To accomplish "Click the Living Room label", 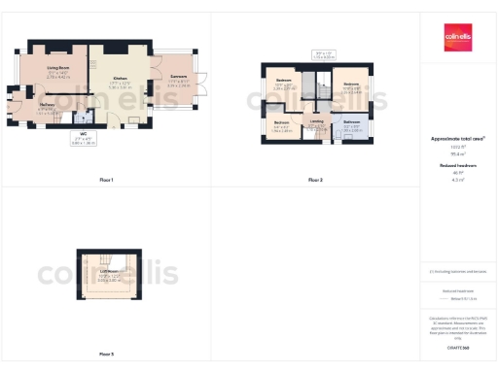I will click(57, 69).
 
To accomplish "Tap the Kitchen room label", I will click(121, 78).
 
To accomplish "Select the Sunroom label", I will click(178, 76).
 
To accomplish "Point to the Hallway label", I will click(46, 109).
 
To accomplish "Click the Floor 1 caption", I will click(106, 180).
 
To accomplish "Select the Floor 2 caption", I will click(315, 180).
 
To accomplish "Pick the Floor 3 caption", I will click(106, 354).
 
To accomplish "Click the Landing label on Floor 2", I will click(316, 121).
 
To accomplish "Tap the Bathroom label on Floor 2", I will click(351, 122).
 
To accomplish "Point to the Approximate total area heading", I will click(458, 139).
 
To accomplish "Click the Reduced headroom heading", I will click(458, 166).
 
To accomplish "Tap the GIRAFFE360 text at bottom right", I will click(458, 345).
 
